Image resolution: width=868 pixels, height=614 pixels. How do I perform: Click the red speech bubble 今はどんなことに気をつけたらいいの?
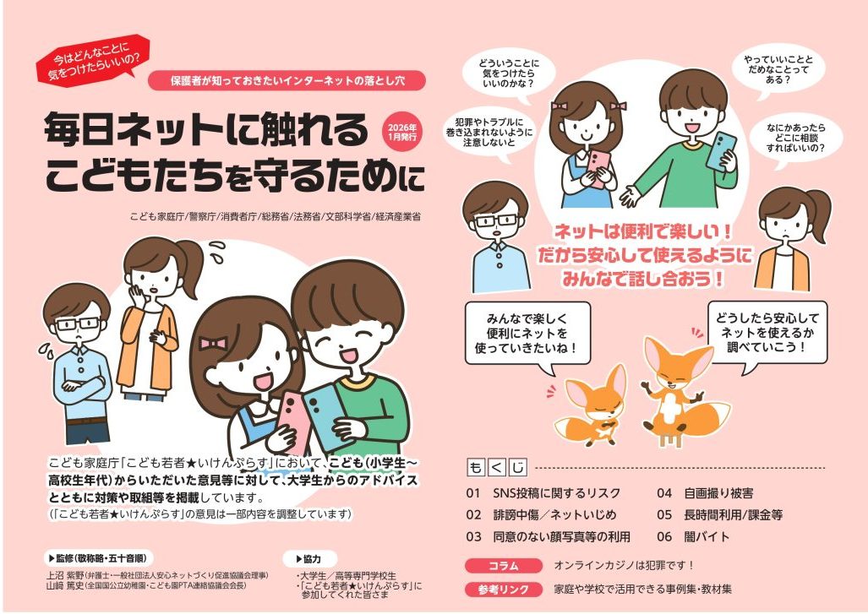94,60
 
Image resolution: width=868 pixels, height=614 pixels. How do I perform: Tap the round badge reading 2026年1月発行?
401,133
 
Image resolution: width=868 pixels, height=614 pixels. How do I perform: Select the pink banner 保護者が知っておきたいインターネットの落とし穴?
287,81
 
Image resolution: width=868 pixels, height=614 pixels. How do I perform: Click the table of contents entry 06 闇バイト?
694,536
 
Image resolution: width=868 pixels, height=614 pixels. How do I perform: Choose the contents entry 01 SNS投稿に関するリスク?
543,493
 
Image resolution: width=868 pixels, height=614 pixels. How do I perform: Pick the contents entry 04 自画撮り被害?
705,493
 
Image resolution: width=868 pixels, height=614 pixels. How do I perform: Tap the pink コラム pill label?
504,566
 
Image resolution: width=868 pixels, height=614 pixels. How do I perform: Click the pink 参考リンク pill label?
504,590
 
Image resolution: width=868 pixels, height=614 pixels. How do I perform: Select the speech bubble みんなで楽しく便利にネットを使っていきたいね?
527,334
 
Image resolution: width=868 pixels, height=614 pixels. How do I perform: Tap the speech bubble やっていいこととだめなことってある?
778,70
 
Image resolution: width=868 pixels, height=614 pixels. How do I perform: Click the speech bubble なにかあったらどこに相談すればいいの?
795,138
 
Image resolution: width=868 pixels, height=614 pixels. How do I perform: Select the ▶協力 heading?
308,559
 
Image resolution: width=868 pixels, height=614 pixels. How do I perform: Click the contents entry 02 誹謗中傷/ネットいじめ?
541,515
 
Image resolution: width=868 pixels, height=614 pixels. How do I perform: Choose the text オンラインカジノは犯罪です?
624,565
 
